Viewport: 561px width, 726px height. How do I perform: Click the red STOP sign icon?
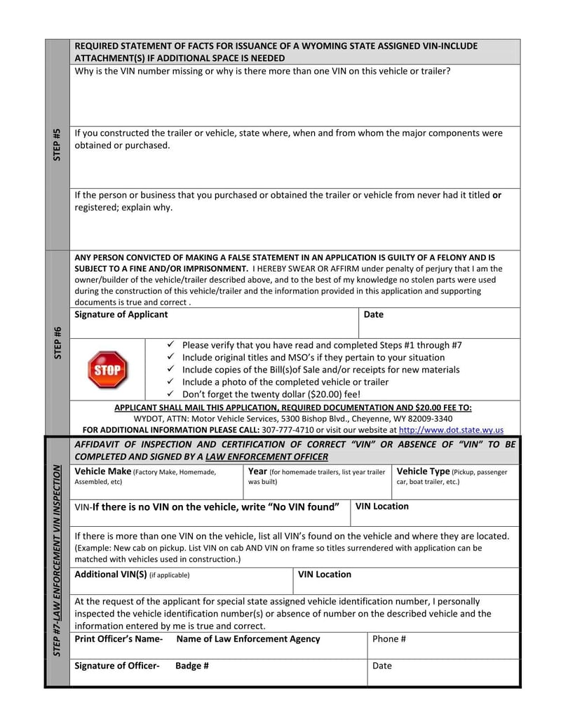pyautogui.click(x=107, y=369)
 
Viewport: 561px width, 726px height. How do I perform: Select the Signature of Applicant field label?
pyautogui.click(x=121, y=314)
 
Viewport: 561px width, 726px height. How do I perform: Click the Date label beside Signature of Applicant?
pyautogui.click(x=374, y=314)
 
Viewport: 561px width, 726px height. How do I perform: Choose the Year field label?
pyautogui.click(x=258, y=471)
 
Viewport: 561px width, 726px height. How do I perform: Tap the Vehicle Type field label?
pyautogui.click(x=424, y=471)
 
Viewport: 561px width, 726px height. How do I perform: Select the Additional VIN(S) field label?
pyautogui.click(x=110, y=574)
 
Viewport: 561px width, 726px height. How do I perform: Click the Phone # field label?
pyautogui.click(x=389, y=639)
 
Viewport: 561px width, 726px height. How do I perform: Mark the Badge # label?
pyautogui.click(x=192, y=666)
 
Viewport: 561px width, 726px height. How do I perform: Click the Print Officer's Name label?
pyautogui.click(x=119, y=639)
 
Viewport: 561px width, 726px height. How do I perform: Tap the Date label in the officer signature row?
pyautogui.click(x=382, y=666)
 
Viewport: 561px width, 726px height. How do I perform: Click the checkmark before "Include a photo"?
pyautogui.click(x=170, y=382)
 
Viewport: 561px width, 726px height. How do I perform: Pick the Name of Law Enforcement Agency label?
pyautogui.click(x=248, y=639)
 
